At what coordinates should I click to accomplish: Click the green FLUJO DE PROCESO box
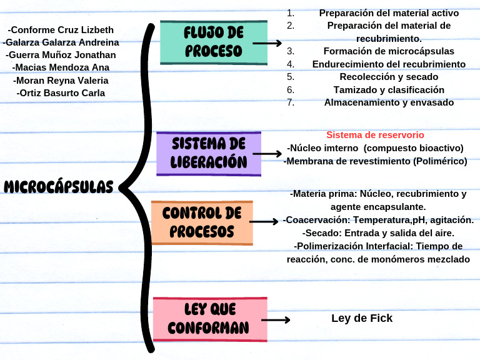coord(214,42)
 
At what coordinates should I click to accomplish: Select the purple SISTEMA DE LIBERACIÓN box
coord(209,153)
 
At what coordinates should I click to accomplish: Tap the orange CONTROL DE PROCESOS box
coord(202,222)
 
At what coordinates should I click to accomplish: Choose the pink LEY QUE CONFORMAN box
coord(209,319)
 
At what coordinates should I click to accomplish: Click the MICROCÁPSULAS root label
coord(59,187)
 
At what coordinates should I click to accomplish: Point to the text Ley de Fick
coord(362,318)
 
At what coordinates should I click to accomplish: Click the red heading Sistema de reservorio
coord(375,135)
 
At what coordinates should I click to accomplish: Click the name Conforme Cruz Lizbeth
coord(61,30)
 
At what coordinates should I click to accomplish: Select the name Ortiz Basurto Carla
coord(61,93)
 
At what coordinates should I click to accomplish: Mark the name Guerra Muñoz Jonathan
coord(61,55)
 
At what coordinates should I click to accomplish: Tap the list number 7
coord(291,102)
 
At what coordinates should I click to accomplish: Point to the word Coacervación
coord(316,220)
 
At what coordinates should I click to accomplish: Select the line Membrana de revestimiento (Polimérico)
coord(375,161)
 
